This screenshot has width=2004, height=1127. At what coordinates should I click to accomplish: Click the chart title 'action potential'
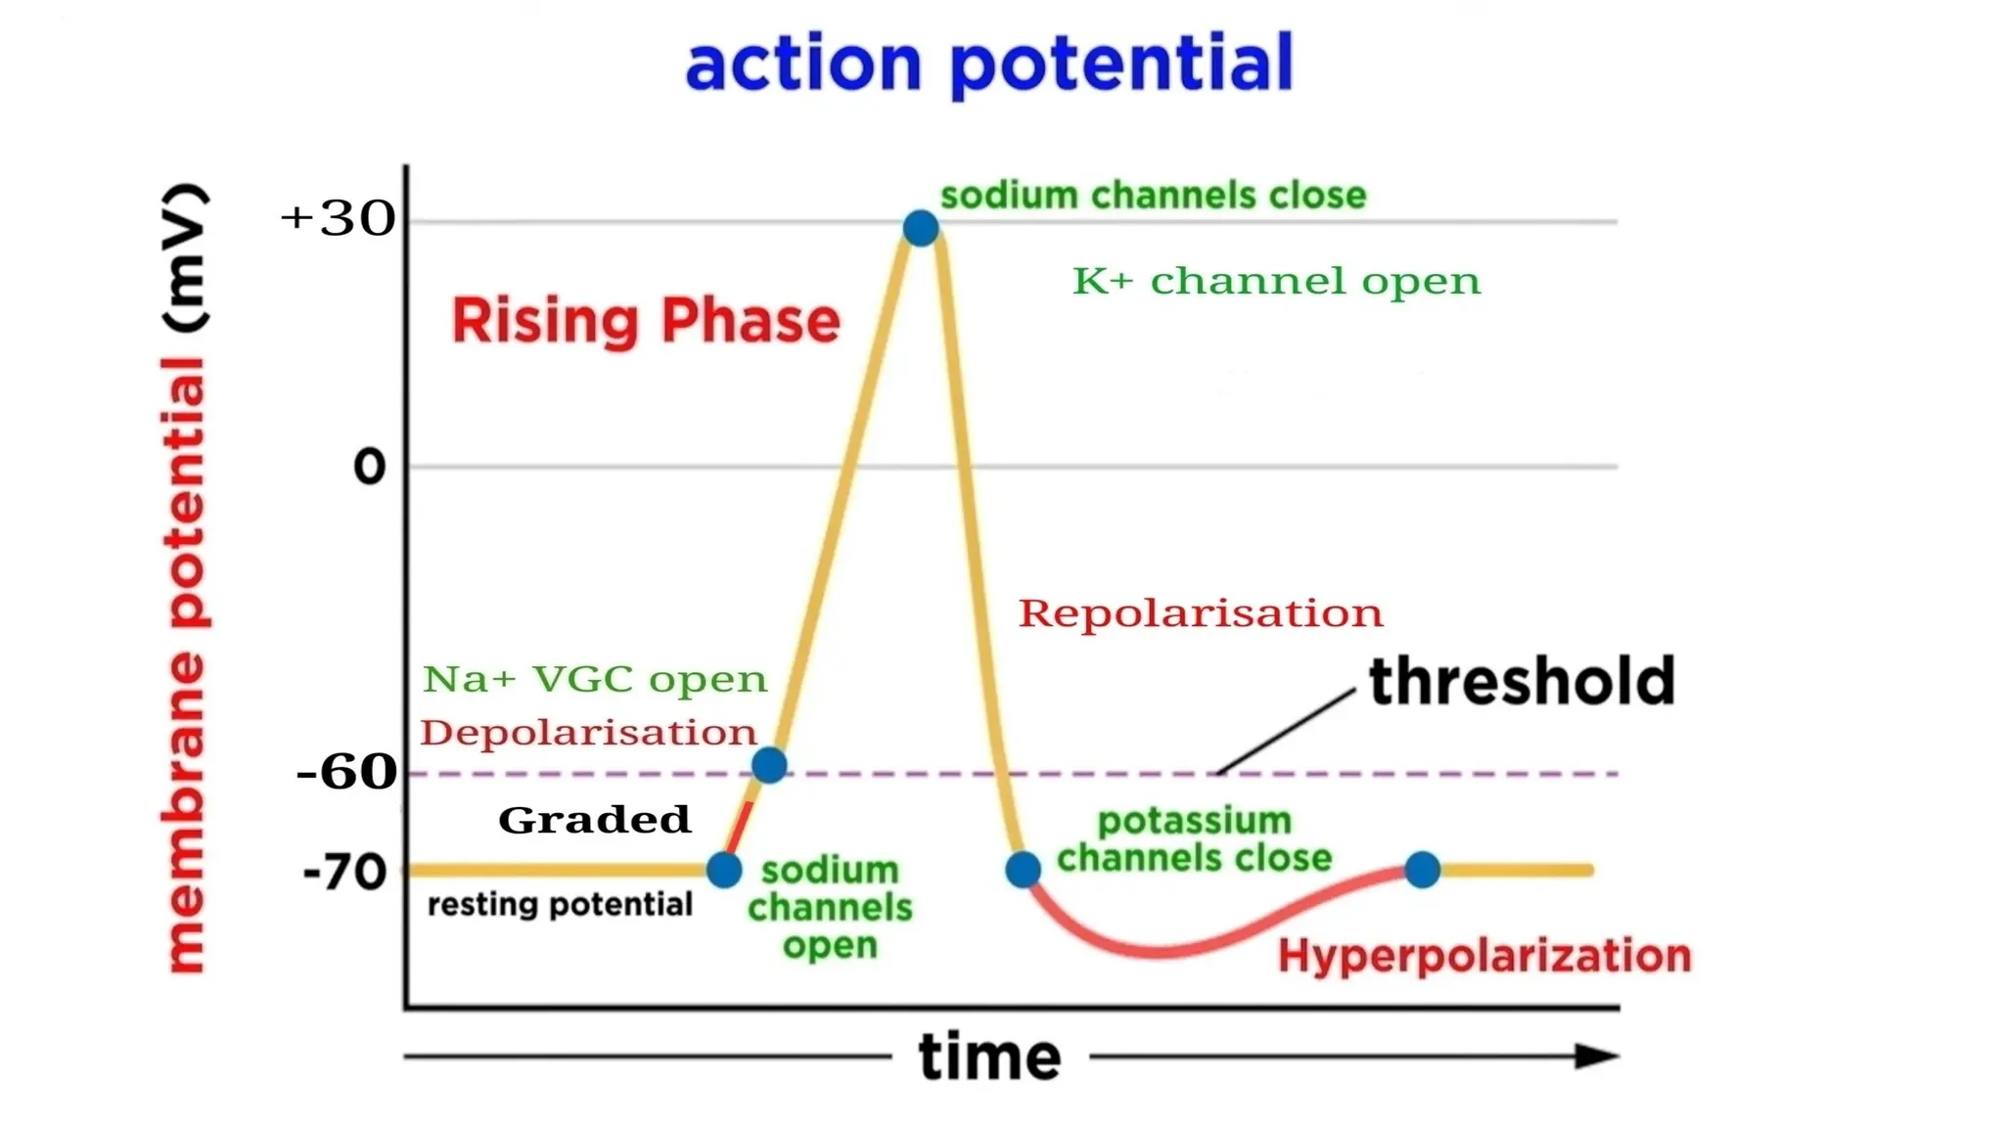tap(988, 63)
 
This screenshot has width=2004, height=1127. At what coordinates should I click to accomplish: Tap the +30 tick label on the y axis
tap(338, 218)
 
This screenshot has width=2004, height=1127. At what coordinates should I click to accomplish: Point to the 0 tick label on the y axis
tap(369, 467)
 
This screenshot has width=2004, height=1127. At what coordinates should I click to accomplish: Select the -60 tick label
tap(346, 772)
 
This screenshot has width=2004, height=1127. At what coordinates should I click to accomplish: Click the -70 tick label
tap(344, 872)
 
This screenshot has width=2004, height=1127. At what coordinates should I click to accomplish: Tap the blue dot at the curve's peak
tap(920, 228)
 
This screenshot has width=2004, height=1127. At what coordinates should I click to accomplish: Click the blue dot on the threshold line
tap(769, 765)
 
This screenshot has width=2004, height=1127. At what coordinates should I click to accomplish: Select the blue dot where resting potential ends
tap(724, 869)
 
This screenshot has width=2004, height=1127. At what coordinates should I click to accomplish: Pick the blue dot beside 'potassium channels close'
tap(1023, 869)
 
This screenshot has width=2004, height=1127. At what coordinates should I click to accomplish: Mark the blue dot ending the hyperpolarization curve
tap(1422, 869)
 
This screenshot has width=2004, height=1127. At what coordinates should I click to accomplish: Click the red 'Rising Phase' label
tap(645, 321)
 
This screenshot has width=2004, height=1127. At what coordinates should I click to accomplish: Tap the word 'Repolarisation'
tap(1201, 614)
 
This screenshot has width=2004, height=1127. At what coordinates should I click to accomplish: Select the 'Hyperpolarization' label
tap(1484, 956)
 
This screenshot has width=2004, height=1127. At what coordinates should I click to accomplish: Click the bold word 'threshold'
tap(1522, 682)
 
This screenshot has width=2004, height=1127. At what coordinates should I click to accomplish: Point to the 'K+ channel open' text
tap(1276, 282)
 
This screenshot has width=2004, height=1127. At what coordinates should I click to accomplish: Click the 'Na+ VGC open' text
tap(595, 679)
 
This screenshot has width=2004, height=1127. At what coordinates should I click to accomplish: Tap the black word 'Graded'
tap(594, 820)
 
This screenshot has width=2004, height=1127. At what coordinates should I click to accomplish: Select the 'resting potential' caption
tap(560, 904)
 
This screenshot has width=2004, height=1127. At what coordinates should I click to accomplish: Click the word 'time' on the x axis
tap(989, 1058)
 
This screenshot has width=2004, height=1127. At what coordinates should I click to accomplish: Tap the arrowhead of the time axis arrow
tap(1597, 1057)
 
